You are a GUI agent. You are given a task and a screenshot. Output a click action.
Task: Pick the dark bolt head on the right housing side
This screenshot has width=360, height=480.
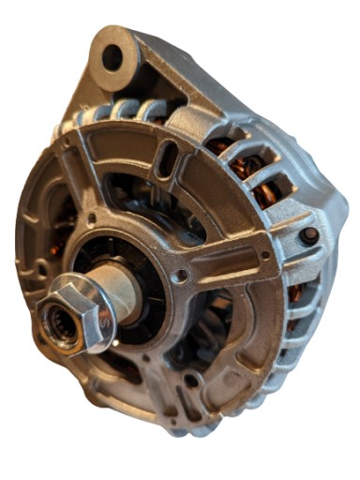tap(308, 235)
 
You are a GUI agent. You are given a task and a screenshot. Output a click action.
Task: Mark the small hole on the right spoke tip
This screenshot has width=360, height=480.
tap(265, 254)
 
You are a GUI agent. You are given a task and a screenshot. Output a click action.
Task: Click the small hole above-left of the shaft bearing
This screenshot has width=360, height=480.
tap(91, 221)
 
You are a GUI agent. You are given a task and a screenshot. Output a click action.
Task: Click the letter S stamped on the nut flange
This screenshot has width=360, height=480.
tap(104, 321)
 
